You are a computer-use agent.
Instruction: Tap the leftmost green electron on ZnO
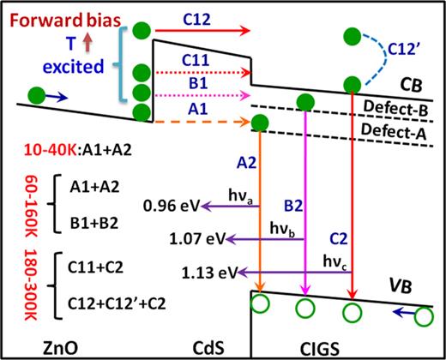pyautogui.click(x=36, y=94)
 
